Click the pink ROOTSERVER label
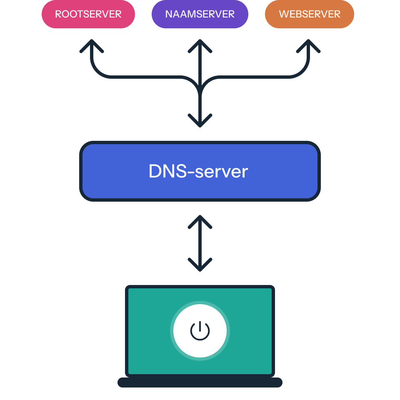[88, 14]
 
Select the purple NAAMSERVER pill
[200, 14]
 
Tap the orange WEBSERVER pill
[309, 14]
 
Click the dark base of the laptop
[200, 382]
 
